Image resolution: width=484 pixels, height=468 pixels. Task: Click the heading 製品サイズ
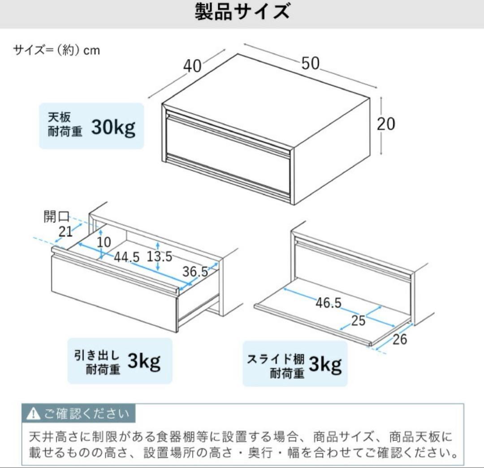point(242,12)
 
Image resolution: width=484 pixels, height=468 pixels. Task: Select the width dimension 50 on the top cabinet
point(310,64)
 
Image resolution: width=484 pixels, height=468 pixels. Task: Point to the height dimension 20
point(386,124)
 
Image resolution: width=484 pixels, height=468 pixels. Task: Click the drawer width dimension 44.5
point(126,257)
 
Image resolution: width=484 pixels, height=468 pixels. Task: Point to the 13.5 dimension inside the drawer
point(160,256)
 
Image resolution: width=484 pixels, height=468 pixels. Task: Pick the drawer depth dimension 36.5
point(195,272)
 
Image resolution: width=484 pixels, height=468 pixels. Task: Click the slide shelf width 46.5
point(328,303)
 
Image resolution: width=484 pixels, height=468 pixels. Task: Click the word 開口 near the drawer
point(56,217)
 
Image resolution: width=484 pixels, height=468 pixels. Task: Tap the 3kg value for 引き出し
point(143,361)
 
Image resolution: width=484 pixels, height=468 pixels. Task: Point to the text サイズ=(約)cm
point(56,50)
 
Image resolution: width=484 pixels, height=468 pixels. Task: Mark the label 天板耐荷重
point(65,126)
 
